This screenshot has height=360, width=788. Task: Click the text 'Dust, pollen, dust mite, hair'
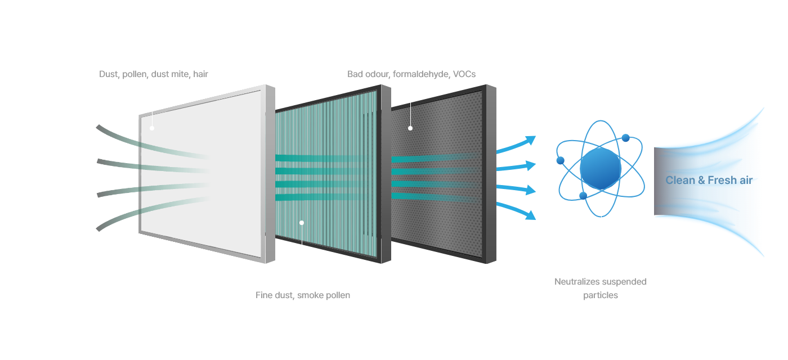click(154, 74)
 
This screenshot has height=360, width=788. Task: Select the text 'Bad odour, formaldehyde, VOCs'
click(411, 74)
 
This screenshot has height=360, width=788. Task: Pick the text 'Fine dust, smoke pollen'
click(302, 295)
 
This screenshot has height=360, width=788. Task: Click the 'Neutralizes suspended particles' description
click(601, 288)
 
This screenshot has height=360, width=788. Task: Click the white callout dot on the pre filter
click(152, 128)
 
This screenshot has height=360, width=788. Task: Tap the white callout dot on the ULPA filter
click(302, 223)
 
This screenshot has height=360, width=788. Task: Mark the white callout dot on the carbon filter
click(410, 128)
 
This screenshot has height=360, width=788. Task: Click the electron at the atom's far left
click(560, 160)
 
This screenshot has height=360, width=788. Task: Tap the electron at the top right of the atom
click(625, 137)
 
